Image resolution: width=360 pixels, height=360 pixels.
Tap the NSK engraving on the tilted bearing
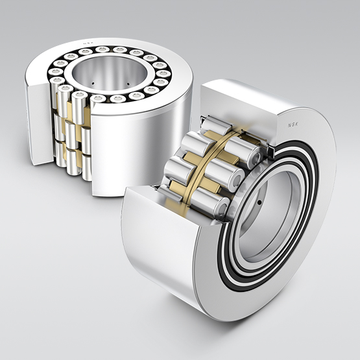(293, 125)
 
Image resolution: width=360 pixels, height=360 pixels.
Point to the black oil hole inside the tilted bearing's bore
(259, 202)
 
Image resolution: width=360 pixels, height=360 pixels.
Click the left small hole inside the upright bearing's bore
(93, 83)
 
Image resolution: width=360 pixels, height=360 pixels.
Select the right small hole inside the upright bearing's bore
(128, 84)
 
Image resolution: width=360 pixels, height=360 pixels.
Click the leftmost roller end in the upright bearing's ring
(55, 72)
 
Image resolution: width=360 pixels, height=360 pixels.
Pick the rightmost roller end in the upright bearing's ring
(163, 74)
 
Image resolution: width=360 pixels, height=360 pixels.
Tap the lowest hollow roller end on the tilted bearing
(222, 208)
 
